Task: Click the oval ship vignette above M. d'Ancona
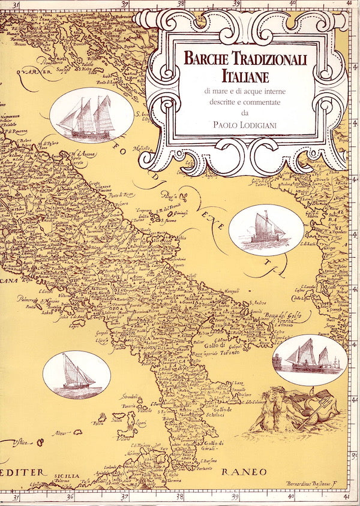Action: tap(91, 115)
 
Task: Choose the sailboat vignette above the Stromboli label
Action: tap(77, 375)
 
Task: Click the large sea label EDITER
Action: tap(24, 472)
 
